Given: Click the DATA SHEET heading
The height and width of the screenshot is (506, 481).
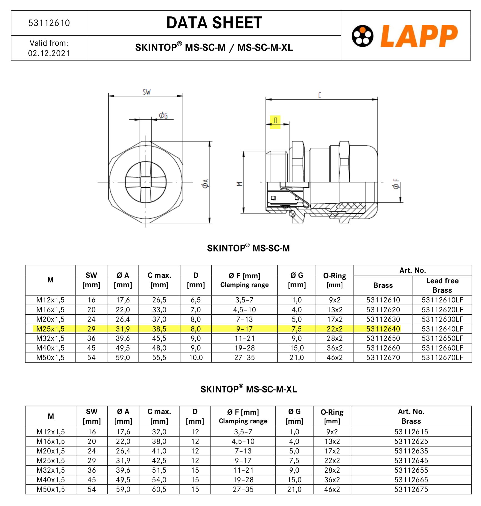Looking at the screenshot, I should pos(214,23).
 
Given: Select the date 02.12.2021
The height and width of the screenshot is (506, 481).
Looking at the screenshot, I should pos(49,53).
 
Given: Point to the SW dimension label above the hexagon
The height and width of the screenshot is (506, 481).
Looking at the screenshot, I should pos(146,92).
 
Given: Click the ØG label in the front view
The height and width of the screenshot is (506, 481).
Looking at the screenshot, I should pos(163,115).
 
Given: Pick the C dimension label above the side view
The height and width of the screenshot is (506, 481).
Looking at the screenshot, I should pos(320,95).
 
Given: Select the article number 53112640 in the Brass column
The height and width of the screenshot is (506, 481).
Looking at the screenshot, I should pos(383,329).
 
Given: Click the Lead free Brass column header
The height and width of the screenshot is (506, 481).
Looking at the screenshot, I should pos(442,285).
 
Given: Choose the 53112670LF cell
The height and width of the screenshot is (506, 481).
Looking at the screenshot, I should pos(442,357).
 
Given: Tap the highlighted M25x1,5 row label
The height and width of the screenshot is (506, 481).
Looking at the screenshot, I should pos(50,329).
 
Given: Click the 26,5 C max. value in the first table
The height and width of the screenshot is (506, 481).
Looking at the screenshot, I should pos(159,300).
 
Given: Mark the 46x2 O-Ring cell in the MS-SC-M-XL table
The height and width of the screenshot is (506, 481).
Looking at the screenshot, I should pos(332,489).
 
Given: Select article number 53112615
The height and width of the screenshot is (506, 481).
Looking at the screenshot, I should pos(411,432).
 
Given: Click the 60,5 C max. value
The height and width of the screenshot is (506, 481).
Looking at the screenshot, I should pos(159,489).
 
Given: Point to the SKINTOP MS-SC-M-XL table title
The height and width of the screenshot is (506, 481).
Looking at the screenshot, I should pos(249,389).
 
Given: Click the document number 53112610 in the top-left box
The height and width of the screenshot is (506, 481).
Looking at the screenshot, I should pos(49,23).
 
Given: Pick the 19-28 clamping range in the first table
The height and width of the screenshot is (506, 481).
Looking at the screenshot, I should pos(244,348).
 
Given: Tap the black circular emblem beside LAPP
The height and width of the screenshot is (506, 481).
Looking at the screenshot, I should pos(362,36).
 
